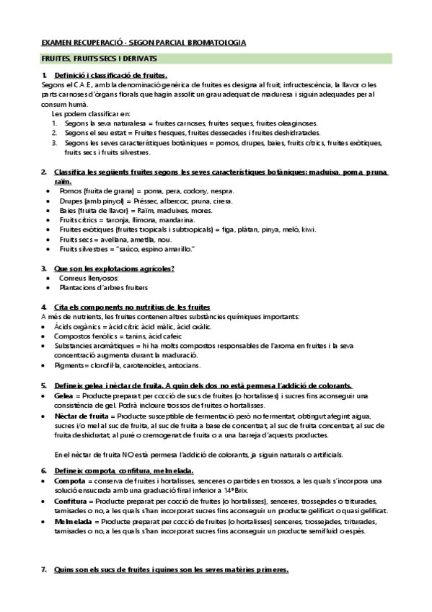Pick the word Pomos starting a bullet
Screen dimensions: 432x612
pos(71,191)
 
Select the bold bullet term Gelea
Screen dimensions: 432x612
pos(63,396)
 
